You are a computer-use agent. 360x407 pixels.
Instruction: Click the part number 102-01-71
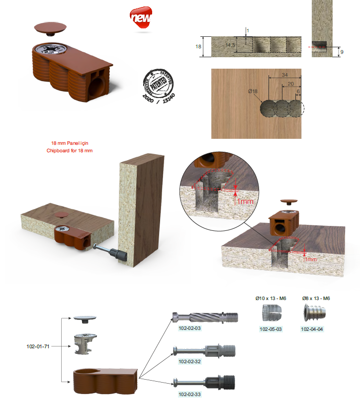coord(39,346)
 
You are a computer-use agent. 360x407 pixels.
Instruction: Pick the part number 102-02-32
coord(190,361)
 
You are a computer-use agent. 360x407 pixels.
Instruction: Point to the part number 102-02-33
coord(190,394)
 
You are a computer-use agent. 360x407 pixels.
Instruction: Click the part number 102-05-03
coord(272,329)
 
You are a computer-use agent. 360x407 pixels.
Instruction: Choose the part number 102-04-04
coord(313,329)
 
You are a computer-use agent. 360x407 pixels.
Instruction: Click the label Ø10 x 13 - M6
coord(271,298)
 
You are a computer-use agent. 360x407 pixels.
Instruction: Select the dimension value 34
coord(284,75)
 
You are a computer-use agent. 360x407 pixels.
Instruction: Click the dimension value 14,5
coord(230,45)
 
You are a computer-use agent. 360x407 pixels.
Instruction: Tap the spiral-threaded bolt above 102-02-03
coord(205,317)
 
